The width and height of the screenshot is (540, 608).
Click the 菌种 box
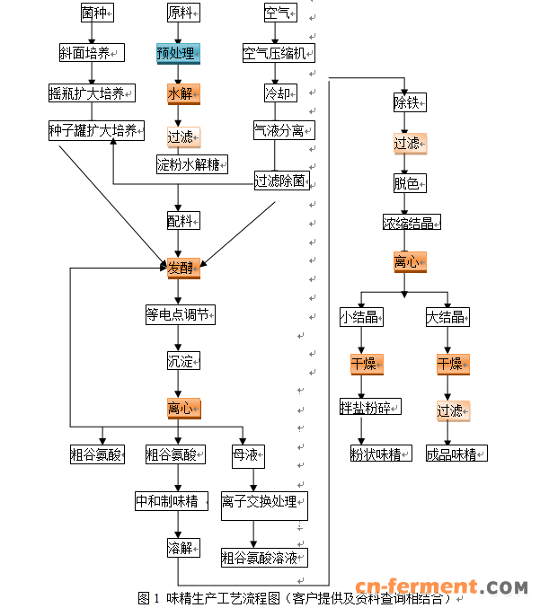tap(93, 13)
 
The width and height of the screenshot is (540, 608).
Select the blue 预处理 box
tap(179, 53)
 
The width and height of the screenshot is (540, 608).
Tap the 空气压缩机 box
tap(278, 53)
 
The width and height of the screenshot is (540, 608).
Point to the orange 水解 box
tap(180, 93)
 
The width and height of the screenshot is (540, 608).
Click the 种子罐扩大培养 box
tap(94, 131)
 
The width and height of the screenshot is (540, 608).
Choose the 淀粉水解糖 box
tap(190, 164)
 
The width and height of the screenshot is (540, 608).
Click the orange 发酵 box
tap(180, 268)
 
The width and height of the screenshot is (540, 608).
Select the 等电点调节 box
tap(180, 315)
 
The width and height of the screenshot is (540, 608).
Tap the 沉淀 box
tap(180, 362)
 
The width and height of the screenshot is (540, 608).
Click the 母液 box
tap(245, 454)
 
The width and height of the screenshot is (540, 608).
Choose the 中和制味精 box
tap(167, 501)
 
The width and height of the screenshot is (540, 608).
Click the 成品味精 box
tap(456, 454)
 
